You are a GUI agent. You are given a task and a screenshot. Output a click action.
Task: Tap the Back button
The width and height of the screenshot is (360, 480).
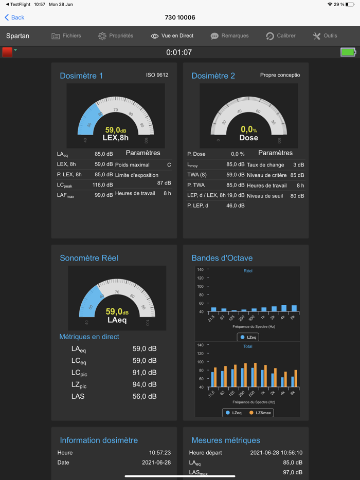(14, 17)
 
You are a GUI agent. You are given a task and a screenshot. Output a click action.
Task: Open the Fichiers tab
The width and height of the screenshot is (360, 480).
(66, 36)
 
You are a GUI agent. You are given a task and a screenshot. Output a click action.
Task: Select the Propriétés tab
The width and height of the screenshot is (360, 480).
(116, 36)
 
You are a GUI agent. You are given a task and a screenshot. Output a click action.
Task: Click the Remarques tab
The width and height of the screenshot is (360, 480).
(229, 36)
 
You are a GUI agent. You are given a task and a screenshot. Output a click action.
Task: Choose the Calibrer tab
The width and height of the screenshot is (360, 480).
(281, 36)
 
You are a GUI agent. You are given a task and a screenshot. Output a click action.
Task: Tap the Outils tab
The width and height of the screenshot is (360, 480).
(325, 36)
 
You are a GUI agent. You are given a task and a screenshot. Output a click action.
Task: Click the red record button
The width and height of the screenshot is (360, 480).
(7, 52)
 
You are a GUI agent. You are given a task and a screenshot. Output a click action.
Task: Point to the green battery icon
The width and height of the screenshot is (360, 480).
(348, 52)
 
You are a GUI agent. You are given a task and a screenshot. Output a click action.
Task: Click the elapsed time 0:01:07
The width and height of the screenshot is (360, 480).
(179, 52)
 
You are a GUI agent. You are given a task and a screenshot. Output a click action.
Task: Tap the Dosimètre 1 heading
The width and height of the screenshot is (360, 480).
(81, 76)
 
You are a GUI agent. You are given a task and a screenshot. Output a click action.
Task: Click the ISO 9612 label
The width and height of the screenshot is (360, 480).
(157, 75)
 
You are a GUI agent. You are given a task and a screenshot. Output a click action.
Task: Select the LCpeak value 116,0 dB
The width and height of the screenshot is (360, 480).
(103, 185)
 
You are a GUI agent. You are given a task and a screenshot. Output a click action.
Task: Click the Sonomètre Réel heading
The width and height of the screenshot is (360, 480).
(89, 258)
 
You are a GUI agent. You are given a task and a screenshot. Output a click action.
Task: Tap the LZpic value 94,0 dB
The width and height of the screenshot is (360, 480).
(145, 384)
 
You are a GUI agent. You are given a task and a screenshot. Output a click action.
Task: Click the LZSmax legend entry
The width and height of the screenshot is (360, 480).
(261, 413)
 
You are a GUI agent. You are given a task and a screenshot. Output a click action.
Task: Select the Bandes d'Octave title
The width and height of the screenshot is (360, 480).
(222, 258)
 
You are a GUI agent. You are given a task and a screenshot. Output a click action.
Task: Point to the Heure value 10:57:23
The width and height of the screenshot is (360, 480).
(160, 453)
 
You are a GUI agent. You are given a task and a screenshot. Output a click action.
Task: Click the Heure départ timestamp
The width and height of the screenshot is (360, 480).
(276, 453)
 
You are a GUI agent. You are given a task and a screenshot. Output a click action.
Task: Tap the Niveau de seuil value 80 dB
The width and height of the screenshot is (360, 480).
(297, 196)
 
